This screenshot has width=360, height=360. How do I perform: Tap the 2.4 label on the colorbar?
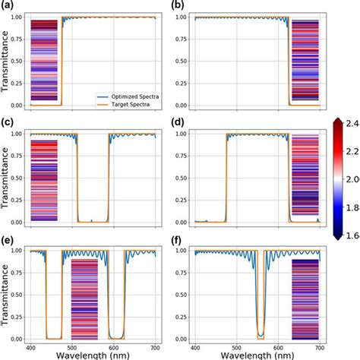pyautogui.click(x=351, y=122)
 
